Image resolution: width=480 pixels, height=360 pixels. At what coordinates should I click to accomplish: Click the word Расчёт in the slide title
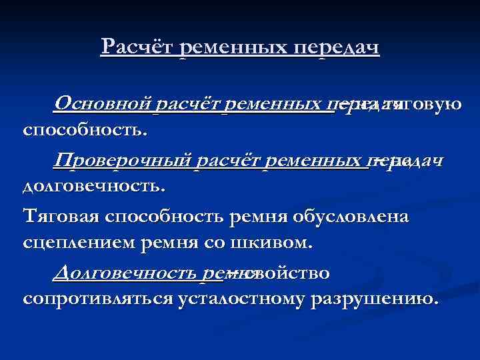tap(137, 47)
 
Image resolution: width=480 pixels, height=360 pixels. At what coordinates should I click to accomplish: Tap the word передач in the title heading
tap(339, 47)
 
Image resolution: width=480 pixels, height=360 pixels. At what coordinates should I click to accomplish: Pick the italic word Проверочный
tap(122, 161)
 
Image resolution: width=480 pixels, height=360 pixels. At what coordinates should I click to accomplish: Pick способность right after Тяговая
tap(167, 218)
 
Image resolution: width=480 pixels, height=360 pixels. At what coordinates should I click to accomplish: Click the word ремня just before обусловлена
tap(260, 218)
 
